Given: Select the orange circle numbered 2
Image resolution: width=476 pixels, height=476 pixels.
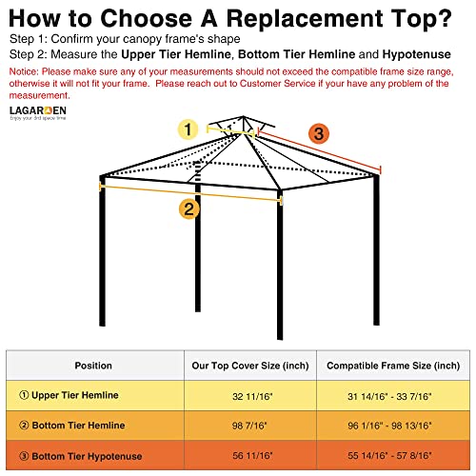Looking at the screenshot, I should pyautogui.click(x=190, y=208).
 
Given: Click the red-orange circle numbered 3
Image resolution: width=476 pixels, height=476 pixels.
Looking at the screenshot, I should pyautogui.click(x=318, y=133).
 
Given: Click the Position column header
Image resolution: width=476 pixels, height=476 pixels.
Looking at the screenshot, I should pyautogui.click(x=93, y=366).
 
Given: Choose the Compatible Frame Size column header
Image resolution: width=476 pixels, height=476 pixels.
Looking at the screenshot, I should pyautogui.click(x=393, y=366).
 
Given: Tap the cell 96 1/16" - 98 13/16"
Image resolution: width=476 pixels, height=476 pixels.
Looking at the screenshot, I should pyautogui.click(x=393, y=425).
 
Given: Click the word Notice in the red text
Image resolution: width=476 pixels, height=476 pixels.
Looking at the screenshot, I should pyautogui.click(x=26, y=71).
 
